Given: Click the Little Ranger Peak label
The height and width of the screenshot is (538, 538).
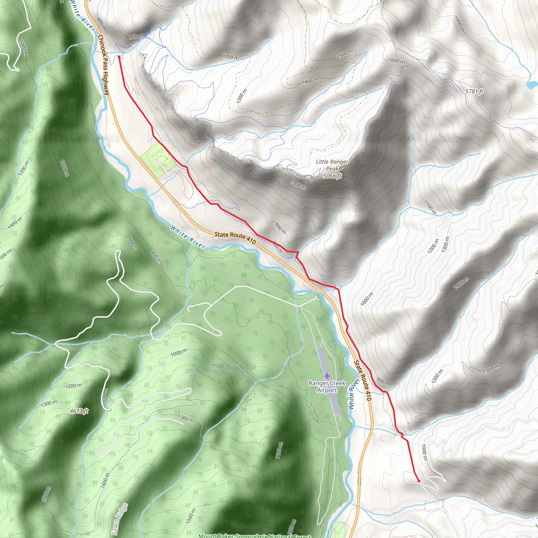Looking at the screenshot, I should tap(332, 165).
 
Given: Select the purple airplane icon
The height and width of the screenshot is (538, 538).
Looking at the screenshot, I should tap(327, 375).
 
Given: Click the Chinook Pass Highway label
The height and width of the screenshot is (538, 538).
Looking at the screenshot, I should tap(103, 65).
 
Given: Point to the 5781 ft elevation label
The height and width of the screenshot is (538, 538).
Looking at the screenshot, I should tap(474, 91).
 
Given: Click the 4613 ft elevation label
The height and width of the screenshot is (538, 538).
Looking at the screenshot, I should tap(79, 411).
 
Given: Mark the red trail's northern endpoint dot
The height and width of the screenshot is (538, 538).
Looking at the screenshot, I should tap(119, 56).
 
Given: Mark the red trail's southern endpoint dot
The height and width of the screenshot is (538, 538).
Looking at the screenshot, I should tap(419, 481).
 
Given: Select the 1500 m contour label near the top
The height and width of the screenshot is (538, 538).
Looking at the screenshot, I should tap(344, 54).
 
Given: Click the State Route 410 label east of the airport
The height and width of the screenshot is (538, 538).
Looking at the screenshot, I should tap(363, 380).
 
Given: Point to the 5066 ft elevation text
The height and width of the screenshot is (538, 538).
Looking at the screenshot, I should tap(332, 176).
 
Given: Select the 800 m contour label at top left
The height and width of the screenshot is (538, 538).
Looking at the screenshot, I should tap(101, 24).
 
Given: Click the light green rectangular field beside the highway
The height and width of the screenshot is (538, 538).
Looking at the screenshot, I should tap(158, 160).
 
